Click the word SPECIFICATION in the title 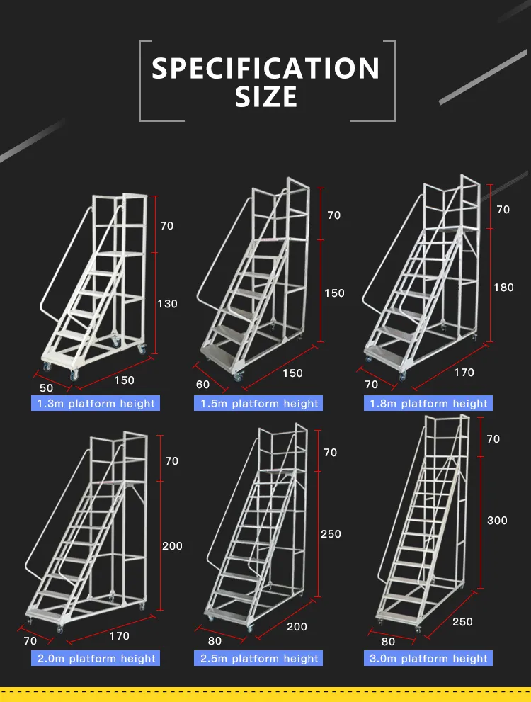(x=265, y=69)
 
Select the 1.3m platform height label (x=96, y=403)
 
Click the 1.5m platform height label (x=258, y=403)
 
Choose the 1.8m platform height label (x=428, y=403)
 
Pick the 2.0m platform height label (x=96, y=658)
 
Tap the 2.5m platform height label (x=258, y=658)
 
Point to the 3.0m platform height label (x=428, y=658)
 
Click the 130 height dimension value (x=167, y=304)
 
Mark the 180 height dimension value (x=503, y=288)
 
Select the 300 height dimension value (x=498, y=521)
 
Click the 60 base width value (x=202, y=385)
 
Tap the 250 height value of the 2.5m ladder (x=331, y=534)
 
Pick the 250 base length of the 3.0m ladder (x=462, y=622)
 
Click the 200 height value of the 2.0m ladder (x=172, y=546)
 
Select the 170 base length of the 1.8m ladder (x=464, y=373)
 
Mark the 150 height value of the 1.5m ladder (x=334, y=293)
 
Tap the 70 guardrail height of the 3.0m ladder (x=493, y=439)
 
